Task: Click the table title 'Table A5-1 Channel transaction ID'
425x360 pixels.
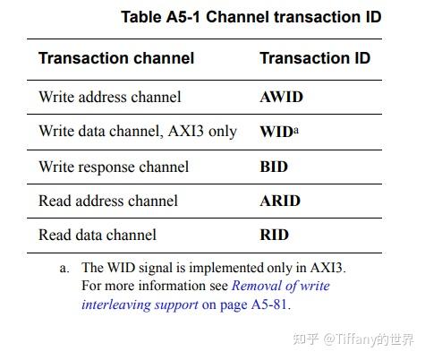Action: (x=251, y=17)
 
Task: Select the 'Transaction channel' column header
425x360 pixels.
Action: (x=116, y=58)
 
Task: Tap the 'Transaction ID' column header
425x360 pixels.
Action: (x=315, y=58)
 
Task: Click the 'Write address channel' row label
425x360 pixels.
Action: (x=109, y=96)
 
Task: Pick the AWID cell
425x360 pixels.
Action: (x=280, y=96)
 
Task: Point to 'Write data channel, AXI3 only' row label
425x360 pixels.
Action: (x=138, y=131)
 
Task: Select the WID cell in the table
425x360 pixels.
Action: (x=276, y=132)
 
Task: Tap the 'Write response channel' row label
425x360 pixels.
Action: (x=114, y=167)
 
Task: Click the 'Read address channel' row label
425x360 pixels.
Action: (x=108, y=201)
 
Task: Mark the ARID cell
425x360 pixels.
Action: (x=279, y=201)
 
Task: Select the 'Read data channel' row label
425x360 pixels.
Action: (x=98, y=235)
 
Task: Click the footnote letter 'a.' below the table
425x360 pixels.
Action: (x=66, y=267)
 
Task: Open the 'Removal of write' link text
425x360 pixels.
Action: (x=280, y=286)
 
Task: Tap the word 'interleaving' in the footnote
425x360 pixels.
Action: (x=115, y=304)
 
